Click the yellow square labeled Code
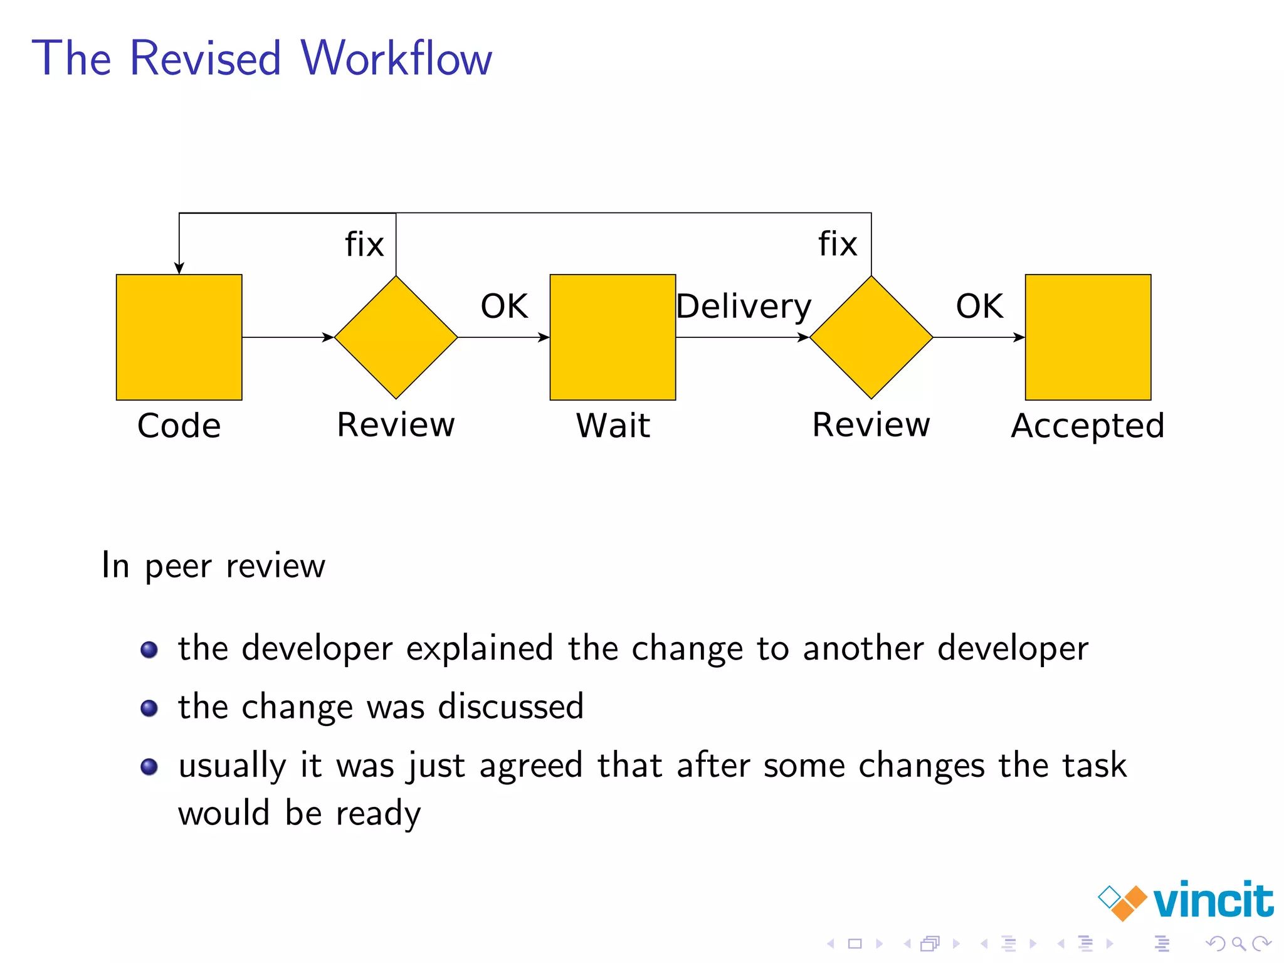coord(179,337)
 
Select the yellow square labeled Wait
coord(613,337)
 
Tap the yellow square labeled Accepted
coord(1088,337)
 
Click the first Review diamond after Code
coord(396,337)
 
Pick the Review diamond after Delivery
coord(871,337)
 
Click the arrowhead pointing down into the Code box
coord(179,268)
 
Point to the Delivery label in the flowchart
coord(744,307)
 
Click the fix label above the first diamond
coord(364,244)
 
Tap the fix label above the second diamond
coord(838,244)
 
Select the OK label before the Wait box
coord(504,307)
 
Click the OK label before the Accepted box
coord(979,307)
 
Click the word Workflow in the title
coord(396,58)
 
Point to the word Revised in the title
coord(206,58)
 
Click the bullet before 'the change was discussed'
coord(149,708)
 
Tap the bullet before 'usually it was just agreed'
coord(149,767)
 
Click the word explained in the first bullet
coord(480,649)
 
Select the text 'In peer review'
coord(213,566)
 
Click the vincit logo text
coord(1213,901)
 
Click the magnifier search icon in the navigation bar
coord(1238,944)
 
